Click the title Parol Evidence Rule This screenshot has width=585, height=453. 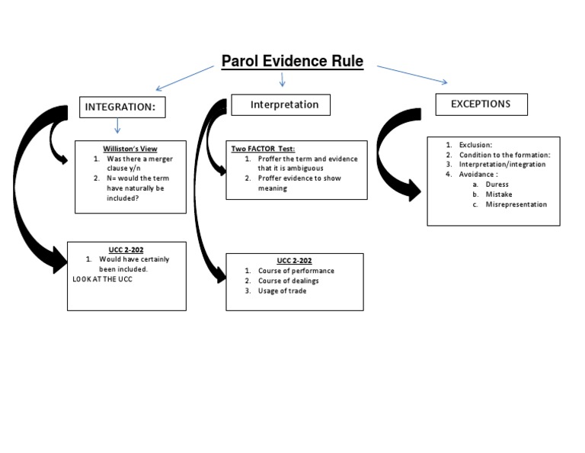[292, 62]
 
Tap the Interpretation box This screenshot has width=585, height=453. [284, 104]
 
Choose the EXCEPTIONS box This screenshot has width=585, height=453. [481, 104]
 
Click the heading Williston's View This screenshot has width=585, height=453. [130, 148]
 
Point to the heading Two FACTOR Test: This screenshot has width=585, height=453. [263, 149]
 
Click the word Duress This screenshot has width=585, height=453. [497, 185]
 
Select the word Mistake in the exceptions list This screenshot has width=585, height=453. [499, 194]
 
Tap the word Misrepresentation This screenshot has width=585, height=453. [516, 204]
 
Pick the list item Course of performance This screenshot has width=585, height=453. [296, 271]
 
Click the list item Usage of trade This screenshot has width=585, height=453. [282, 291]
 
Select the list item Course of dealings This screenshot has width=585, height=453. [288, 281]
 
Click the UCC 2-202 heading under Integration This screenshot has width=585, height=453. [126, 249]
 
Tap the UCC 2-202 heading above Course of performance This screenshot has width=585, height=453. [295, 260]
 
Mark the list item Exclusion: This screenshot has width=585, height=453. [475, 144]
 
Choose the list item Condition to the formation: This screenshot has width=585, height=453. [504, 155]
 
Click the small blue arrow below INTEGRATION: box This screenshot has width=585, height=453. [117, 126]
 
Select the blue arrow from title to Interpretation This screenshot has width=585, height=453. [283, 79]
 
